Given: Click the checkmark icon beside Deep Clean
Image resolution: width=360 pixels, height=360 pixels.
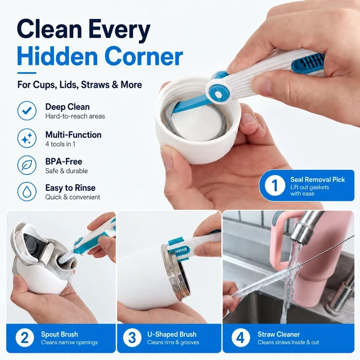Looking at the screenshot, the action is click(x=27, y=111).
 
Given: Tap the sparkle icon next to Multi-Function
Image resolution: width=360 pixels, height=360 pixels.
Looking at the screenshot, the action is click(x=27, y=138).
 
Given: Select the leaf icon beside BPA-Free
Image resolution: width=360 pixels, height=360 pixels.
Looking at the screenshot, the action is click(x=27, y=165).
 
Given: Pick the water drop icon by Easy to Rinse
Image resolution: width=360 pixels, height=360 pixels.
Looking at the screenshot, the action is click(x=27, y=192).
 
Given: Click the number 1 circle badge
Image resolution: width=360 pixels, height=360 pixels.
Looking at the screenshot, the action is click(x=275, y=185).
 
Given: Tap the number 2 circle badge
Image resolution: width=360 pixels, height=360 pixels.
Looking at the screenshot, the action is click(x=25, y=337).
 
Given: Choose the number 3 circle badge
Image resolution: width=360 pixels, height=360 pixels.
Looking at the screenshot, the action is click(x=132, y=337).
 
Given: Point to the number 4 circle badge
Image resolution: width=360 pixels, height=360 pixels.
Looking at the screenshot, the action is click(x=240, y=337).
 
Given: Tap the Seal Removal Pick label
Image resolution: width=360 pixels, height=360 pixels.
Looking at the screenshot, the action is click(x=317, y=179).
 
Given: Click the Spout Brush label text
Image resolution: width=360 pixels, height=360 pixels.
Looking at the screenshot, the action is click(x=60, y=334).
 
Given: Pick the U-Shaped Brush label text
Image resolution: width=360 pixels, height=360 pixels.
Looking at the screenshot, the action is click(x=172, y=334).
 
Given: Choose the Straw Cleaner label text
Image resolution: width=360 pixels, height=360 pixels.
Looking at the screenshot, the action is click(x=279, y=334).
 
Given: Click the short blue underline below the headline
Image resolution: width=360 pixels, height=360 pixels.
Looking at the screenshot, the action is click(x=26, y=73).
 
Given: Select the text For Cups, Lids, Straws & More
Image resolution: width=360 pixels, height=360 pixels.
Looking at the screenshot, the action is click(x=79, y=85).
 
